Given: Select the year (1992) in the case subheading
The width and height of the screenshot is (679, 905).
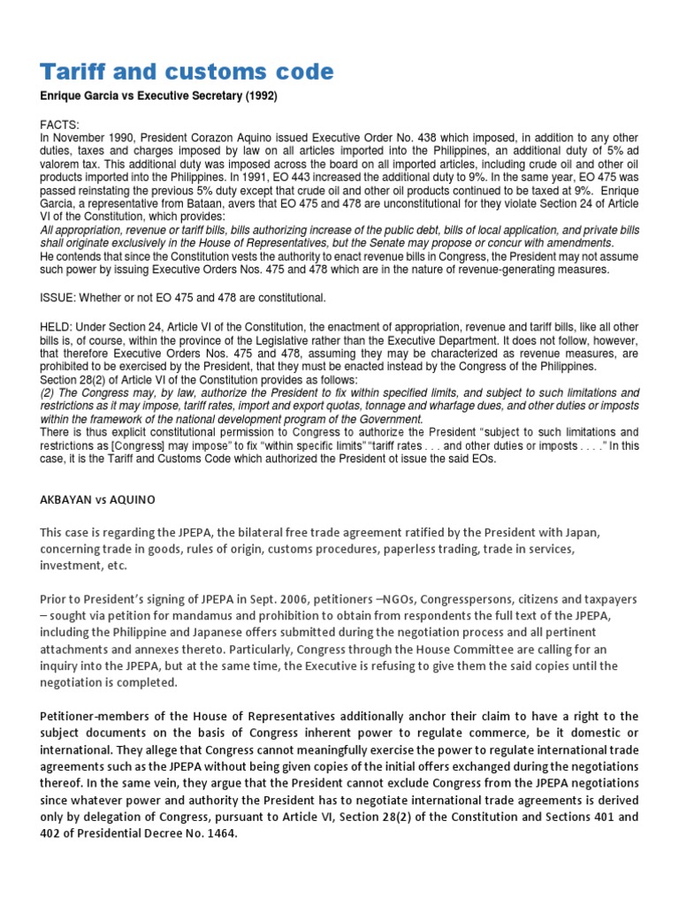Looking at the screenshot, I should coord(260,96).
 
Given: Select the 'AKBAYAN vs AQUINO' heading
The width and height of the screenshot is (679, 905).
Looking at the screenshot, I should coord(97,499).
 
